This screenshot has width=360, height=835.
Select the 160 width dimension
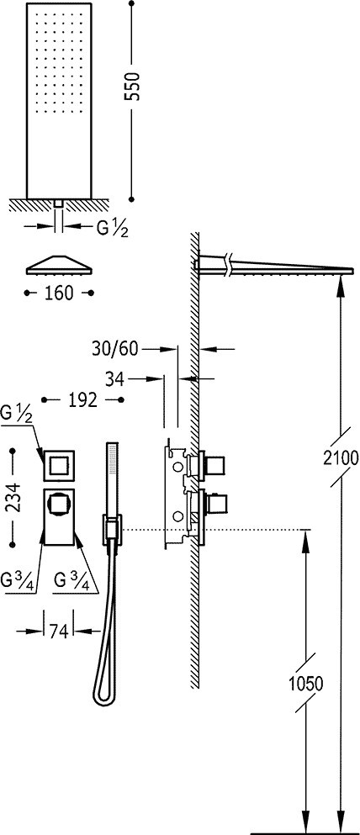(x=59, y=293)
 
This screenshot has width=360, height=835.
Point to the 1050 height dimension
(x=305, y=684)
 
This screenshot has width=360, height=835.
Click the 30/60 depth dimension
(x=115, y=349)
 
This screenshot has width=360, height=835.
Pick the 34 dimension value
(x=114, y=379)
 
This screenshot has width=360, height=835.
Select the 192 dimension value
(x=82, y=399)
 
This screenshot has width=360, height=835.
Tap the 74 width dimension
(x=58, y=632)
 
